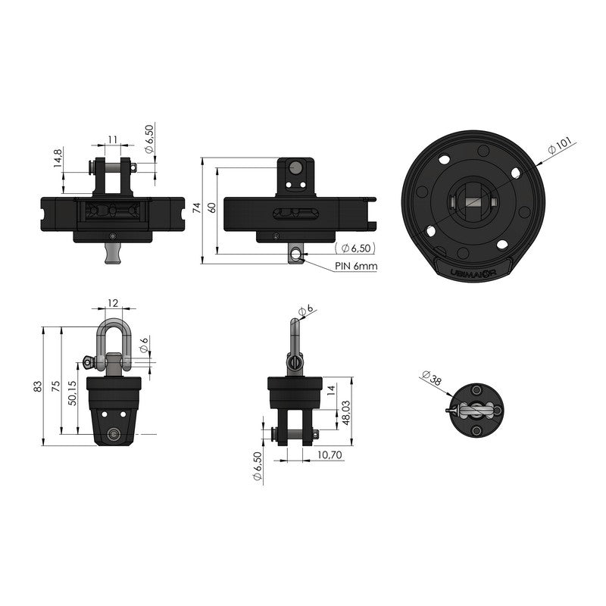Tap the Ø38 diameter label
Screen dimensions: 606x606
[x=432, y=377]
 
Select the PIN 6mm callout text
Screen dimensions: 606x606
[x=356, y=266]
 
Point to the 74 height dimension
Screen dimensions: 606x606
[x=197, y=208]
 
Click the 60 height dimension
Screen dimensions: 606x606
[x=212, y=208]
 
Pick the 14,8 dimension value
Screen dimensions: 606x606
[x=58, y=158]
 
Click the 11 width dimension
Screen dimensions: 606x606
[x=112, y=139]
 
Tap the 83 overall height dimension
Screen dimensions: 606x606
[x=37, y=386]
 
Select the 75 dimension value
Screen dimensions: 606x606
[x=55, y=386]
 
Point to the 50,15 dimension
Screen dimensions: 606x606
[x=72, y=392]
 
